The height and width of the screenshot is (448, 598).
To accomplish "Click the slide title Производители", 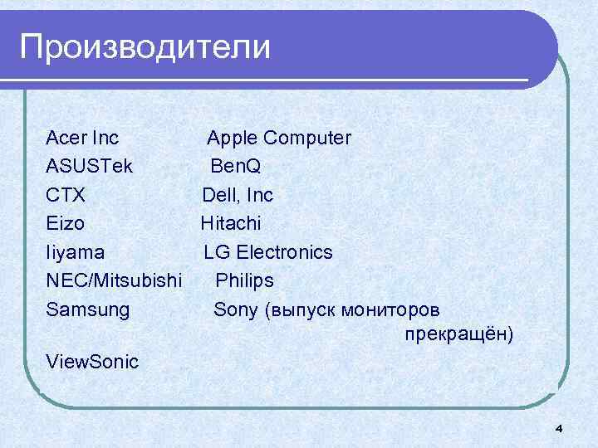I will pos(145,46).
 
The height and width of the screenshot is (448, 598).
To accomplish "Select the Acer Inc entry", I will pos(82,137).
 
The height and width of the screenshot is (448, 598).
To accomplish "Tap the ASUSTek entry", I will pos(96,166).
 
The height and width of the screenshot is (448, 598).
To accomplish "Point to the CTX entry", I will pos(66,195).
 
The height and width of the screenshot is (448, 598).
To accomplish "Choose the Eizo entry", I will pos(66,223).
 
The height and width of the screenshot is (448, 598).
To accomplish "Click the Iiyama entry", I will pos(76,252).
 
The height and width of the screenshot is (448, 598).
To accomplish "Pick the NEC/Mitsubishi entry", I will pos(114,280).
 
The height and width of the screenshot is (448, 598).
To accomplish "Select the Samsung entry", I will pos(88,309).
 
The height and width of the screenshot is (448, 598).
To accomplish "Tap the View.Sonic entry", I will pos(93,362).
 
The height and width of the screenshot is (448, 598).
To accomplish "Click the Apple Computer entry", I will pos(279,137).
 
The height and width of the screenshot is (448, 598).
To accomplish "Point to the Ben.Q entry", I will pos(235,166).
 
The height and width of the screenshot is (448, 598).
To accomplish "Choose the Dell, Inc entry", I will pos(238,195).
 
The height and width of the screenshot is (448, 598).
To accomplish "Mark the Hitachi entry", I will pos(230,223).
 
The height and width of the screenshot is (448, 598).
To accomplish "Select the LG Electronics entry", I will pos(267,252).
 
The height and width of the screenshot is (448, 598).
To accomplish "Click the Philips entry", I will pos(244,280).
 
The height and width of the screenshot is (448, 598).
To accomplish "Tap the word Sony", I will pos(236,309).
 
